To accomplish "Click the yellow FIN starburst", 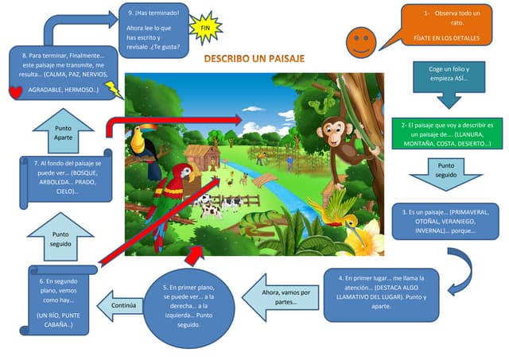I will pyautogui.click(x=206, y=28).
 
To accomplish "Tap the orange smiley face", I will pyautogui.click(x=361, y=39).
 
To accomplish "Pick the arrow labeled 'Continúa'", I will pyautogui.click(x=124, y=304).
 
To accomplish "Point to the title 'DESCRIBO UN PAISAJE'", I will pyautogui.click(x=254, y=60).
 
